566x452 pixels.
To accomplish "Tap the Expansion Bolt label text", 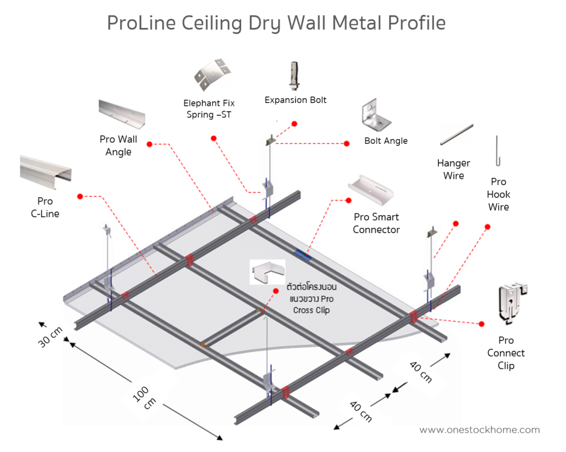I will click(295, 100).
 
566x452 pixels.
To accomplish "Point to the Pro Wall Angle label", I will click(118, 145).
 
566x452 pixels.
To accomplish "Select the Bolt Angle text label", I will click(386, 141).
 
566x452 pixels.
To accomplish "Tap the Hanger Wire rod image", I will click(456, 134).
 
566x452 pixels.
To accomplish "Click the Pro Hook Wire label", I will click(498, 194).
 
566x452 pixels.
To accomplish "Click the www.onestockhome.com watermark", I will click(479, 430).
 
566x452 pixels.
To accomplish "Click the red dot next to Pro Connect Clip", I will click(481, 324).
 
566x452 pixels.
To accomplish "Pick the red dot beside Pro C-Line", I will click(80, 196).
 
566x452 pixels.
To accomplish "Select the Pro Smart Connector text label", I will click(376, 223).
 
